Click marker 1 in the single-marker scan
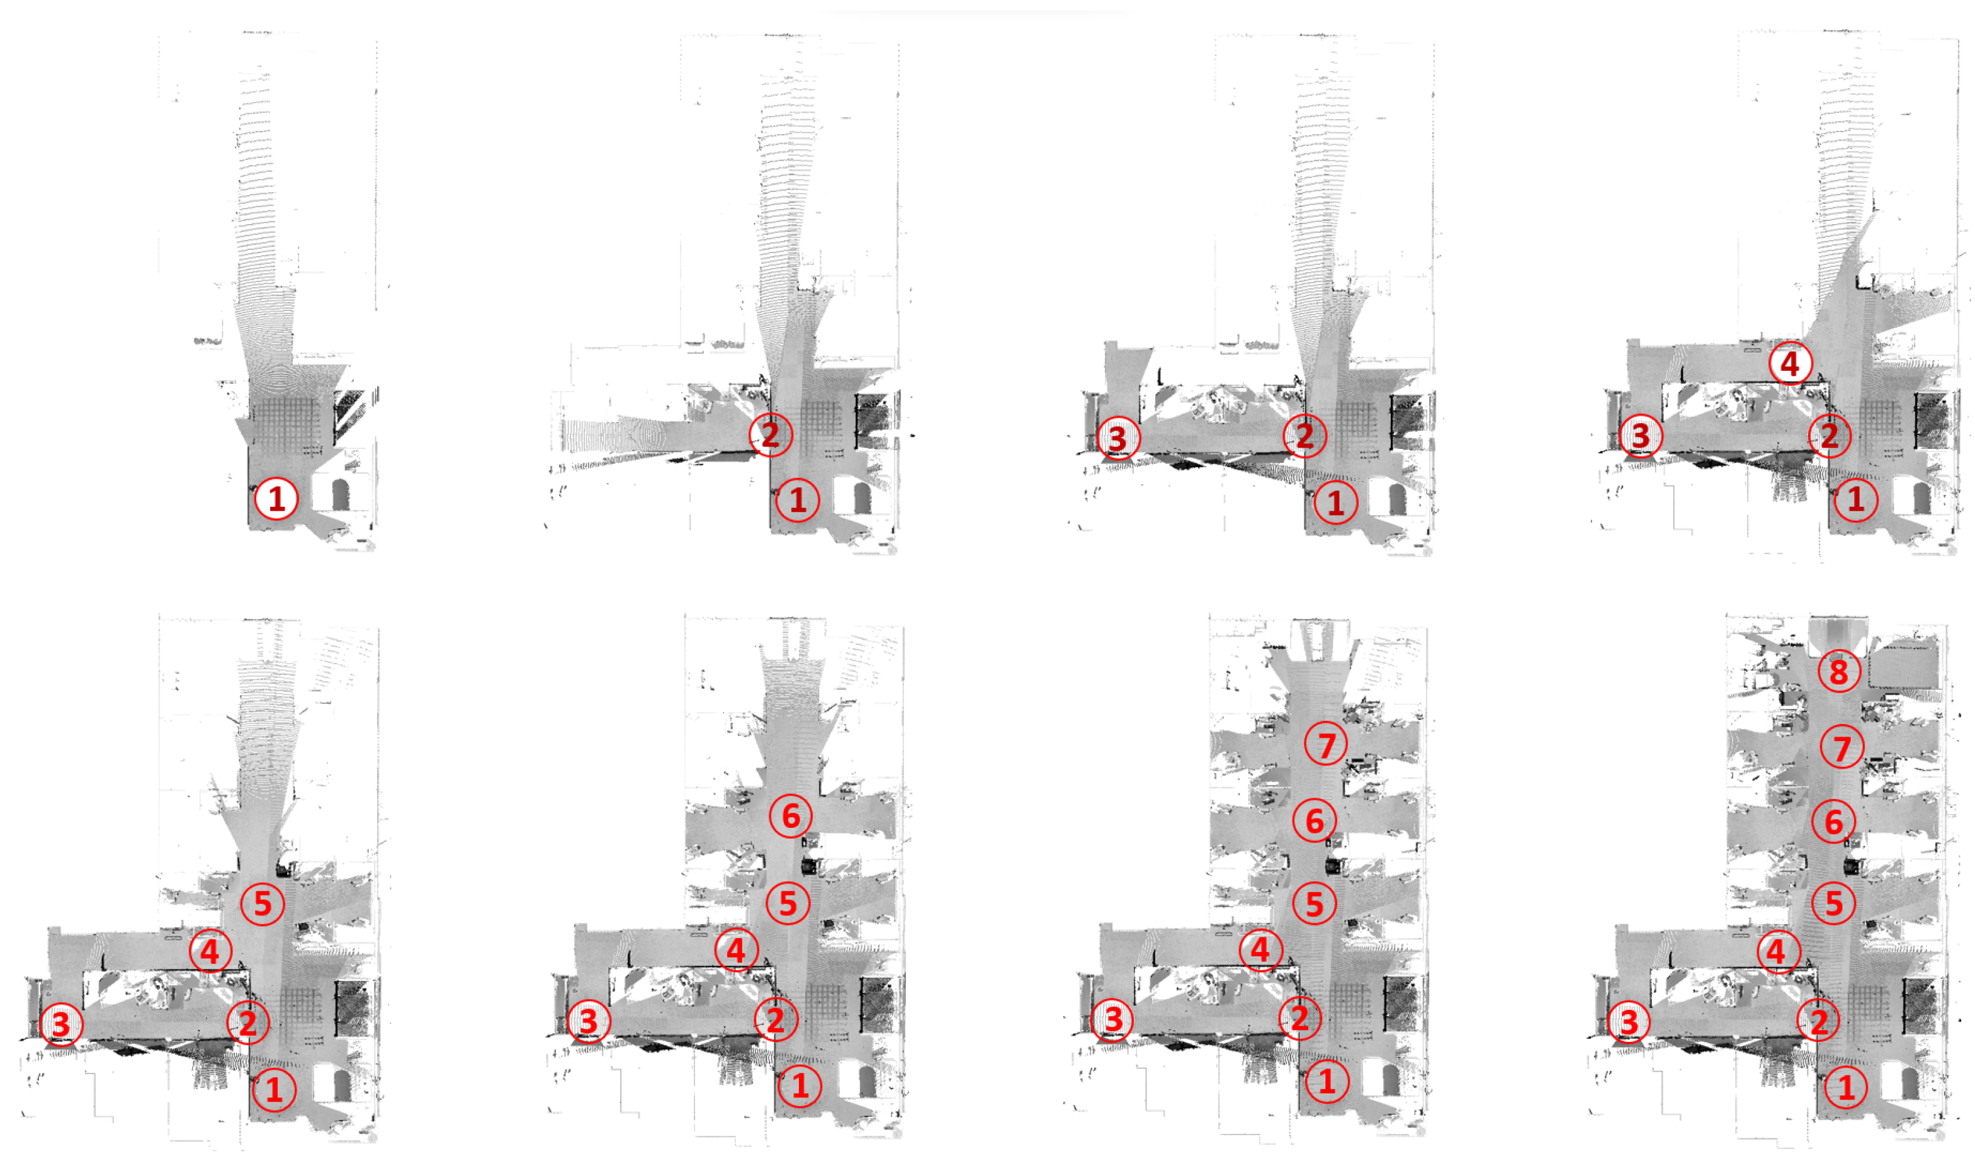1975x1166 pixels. (x=276, y=498)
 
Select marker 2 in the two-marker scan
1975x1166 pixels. (x=770, y=434)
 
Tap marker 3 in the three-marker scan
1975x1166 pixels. (x=1116, y=438)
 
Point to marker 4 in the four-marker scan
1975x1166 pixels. (x=1790, y=364)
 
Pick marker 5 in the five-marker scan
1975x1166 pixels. (x=263, y=903)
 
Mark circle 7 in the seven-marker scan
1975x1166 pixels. (x=1326, y=744)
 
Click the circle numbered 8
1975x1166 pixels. (x=1838, y=671)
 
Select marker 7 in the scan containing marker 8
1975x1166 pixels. (x=1842, y=747)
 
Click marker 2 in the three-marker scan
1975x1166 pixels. (x=1304, y=435)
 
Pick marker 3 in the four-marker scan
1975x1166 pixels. (x=1640, y=435)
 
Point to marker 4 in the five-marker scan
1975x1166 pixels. (x=210, y=951)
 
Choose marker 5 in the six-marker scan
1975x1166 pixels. (x=788, y=903)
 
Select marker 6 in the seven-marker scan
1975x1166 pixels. (x=1315, y=820)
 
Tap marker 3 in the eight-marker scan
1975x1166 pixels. (x=1629, y=1021)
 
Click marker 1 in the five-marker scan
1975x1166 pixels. (x=273, y=1089)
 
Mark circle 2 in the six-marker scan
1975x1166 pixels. (x=776, y=1019)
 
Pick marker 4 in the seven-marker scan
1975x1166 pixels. (x=1260, y=949)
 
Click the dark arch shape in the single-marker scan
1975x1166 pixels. (x=340, y=495)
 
